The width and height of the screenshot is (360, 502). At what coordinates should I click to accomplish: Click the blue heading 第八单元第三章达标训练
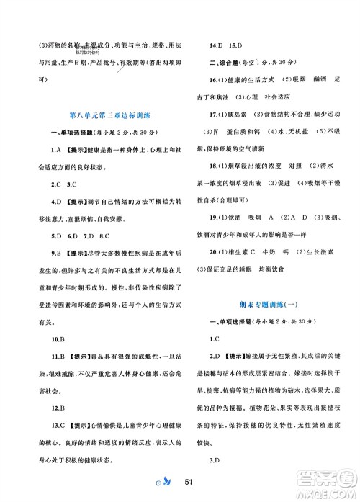click(x=107, y=115)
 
